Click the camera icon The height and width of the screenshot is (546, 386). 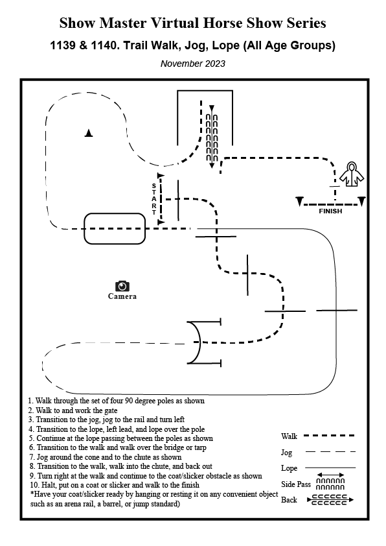pyautogui.click(x=122, y=286)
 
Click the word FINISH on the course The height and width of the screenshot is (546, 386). pyautogui.click(x=330, y=211)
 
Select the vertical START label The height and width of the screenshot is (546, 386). pyautogui.click(x=153, y=199)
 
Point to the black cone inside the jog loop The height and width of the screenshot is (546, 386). pyautogui.click(x=89, y=133)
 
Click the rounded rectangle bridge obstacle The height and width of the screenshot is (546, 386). pyautogui.click(x=115, y=213)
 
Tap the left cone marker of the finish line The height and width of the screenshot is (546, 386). pyautogui.click(x=300, y=201)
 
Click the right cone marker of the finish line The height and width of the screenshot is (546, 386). pyautogui.click(x=361, y=201)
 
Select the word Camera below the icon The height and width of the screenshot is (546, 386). pyautogui.click(x=122, y=296)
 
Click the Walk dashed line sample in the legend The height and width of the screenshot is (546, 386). pyautogui.click(x=329, y=436)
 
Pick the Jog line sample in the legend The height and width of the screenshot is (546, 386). pyautogui.click(x=330, y=452)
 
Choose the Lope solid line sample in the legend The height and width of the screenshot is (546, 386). pyautogui.click(x=330, y=468)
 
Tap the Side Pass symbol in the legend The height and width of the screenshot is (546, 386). pyautogui.click(x=330, y=482)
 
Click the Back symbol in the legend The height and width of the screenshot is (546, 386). pyautogui.click(x=330, y=500)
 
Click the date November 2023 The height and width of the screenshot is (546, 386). pyautogui.click(x=192, y=64)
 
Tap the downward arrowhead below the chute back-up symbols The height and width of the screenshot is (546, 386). pyautogui.click(x=211, y=165)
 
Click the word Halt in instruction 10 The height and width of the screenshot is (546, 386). pyautogui.click(x=48, y=485)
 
